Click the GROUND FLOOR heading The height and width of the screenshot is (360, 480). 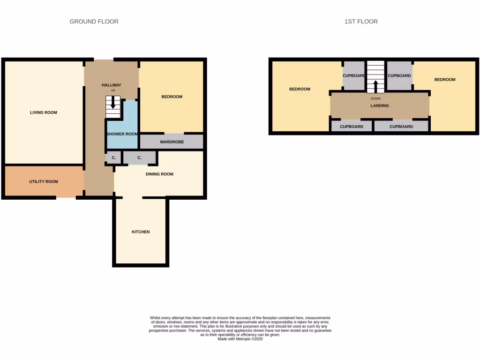click(x=94, y=22)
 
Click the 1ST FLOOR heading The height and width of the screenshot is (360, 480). click(x=360, y=22)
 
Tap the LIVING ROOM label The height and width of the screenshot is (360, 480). click(x=44, y=112)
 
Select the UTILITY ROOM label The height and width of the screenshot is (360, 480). click(x=44, y=181)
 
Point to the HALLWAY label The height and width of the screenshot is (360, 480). click(x=112, y=85)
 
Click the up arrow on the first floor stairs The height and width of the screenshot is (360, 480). click(x=375, y=87)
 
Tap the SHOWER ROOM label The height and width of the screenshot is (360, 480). click(x=122, y=134)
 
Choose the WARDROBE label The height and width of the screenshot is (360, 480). click(x=172, y=142)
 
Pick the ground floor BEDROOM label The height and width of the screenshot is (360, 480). click(x=172, y=97)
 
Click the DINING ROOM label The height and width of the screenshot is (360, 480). click(x=159, y=174)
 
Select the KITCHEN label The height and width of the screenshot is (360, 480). click(x=141, y=232)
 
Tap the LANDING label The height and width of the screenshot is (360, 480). click(x=380, y=105)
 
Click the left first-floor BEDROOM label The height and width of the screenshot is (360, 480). click(x=300, y=89)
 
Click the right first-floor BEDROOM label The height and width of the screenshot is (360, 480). click(x=445, y=80)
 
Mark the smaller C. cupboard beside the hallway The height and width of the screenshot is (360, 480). click(x=113, y=158)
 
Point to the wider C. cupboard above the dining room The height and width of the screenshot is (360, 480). click(x=139, y=158)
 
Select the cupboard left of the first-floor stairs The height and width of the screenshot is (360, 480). click(x=354, y=76)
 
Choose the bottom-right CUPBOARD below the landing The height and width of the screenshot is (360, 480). click(x=401, y=127)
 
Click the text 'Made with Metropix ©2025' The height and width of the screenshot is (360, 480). click(x=240, y=339)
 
